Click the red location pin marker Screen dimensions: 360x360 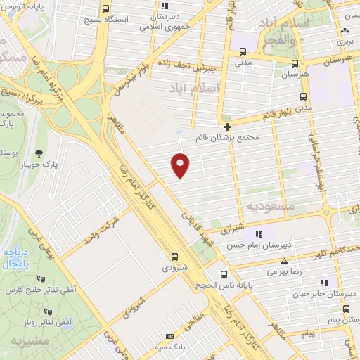tap(181, 165)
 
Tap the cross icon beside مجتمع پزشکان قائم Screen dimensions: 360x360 tap(227, 126)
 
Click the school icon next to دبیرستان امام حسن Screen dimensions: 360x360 tap(258, 233)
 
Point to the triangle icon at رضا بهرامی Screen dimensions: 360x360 tap(284, 260)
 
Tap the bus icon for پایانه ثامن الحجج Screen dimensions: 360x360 tap(224, 274)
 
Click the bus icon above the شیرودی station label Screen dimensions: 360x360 tap(174, 257)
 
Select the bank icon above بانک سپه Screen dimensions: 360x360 tap(168, 337)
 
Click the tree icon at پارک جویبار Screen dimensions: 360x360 tap(39, 153)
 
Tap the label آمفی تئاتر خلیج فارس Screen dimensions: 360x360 tap(35, 290)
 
